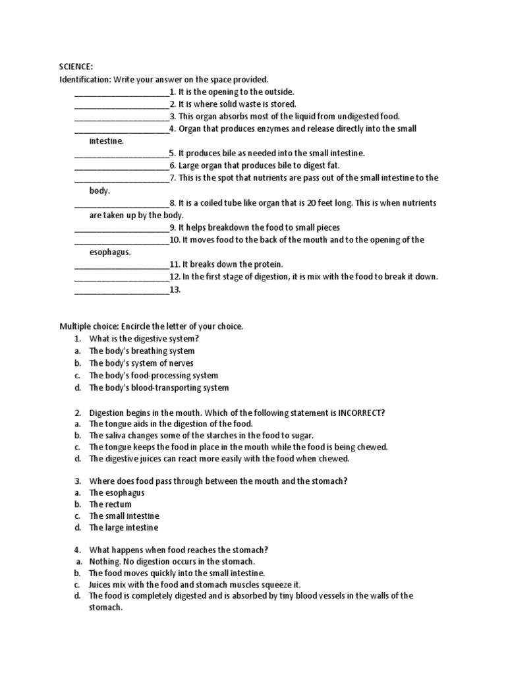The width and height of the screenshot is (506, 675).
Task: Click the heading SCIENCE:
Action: pos(76,67)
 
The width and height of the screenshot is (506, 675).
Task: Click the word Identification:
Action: pos(85,79)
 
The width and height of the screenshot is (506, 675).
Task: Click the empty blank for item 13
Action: pos(122,290)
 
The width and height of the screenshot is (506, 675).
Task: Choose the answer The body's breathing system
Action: pos(142,351)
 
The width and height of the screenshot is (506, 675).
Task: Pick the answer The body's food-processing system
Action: pos(154,376)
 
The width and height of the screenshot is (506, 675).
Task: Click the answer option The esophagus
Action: pos(117,492)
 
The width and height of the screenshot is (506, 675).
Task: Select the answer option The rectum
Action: pos(110,504)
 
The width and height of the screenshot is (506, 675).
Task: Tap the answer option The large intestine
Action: pos(124,528)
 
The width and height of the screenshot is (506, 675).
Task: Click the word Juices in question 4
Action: pos(101,585)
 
